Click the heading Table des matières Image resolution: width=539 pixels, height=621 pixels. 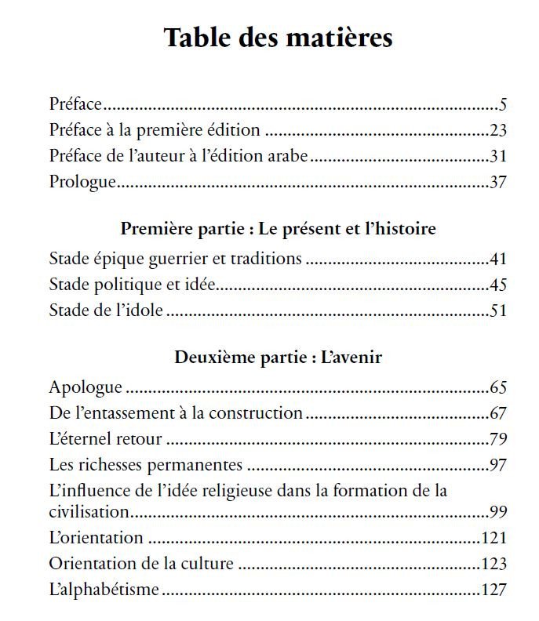coord(278,38)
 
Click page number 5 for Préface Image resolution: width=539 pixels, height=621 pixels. coord(504,103)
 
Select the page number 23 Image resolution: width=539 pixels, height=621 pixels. coord(499,129)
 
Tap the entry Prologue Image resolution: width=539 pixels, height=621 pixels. coord(82,183)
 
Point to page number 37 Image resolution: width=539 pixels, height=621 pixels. coord(499,183)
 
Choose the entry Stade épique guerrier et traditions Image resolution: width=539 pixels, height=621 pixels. coord(175,259)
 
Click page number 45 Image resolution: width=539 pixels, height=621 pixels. coord(499,284)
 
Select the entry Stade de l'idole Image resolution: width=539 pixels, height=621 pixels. coord(106,310)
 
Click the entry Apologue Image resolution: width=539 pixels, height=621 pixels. coord(86,387)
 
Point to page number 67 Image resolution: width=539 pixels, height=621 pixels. coord(499,412)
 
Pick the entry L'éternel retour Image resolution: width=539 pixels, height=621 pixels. coord(105,438)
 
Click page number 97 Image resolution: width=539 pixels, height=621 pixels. coord(499,464)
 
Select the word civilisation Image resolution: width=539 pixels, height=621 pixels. coord(89,512)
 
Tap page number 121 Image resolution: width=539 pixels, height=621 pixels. coord(494,538)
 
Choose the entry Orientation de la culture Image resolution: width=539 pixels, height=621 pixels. coord(141,564)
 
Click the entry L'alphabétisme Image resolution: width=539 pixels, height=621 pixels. coord(104,590)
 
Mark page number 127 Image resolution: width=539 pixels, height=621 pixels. coord(494,590)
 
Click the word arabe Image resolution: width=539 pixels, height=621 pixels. coord(288,156)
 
